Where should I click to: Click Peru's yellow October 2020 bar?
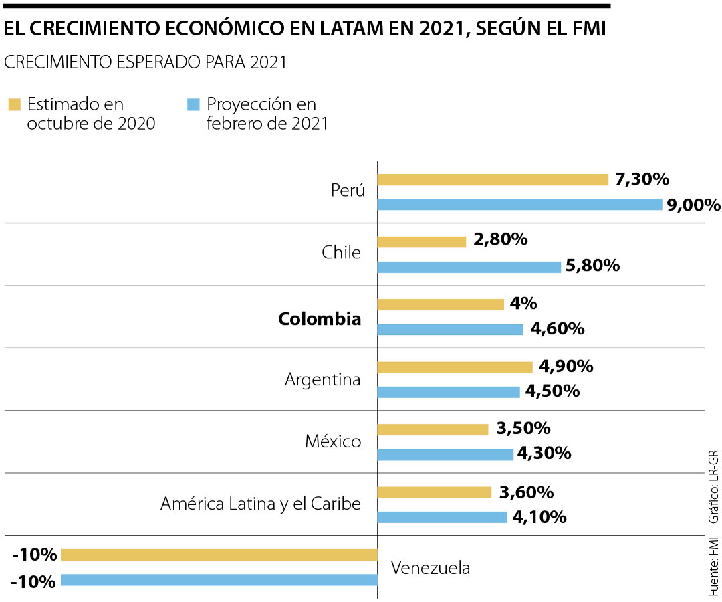point(493,179)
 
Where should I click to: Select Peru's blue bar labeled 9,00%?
point(519,205)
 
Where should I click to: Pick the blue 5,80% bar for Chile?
point(469,267)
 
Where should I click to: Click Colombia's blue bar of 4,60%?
point(450,329)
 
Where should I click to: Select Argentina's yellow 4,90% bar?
point(455,367)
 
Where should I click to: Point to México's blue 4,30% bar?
point(445,454)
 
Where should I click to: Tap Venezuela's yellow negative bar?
point(219,555)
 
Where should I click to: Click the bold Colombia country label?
point(320,319)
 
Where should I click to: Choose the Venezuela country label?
point(431,568)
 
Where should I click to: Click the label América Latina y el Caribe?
point(261,504)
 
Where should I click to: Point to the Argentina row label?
point(323,379)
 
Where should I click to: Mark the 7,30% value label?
point(642,179)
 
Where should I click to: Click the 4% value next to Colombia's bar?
point(523,304)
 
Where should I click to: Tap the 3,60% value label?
point(526,492)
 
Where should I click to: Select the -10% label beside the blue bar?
point(33,581)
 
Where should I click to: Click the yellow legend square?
point(14,104)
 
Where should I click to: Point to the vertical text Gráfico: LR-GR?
point(714,488)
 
